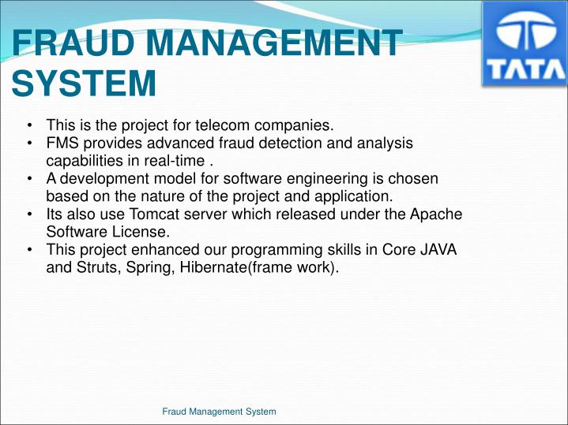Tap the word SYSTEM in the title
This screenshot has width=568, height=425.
pyautogui.click(x=84, y=83)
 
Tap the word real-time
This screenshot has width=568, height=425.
pyautogui.click(x=177, y=161)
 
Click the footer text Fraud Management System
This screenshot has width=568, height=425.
pyautogui.click(x=219, y=411)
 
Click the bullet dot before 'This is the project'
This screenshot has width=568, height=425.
pyautogui.click(x=28, y=125)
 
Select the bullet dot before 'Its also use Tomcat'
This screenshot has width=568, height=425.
pyautogui.click(x=28, y=214)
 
